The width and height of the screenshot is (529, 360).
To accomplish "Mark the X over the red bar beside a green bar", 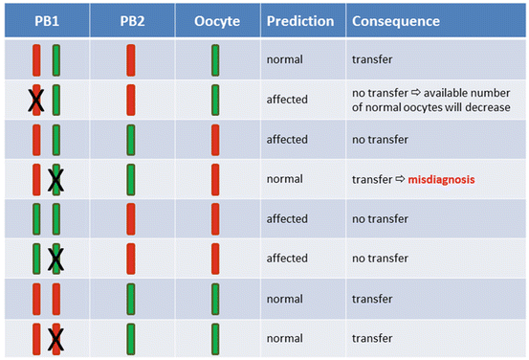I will [36, 100].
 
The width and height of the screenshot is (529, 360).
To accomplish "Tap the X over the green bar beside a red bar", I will [55, 179].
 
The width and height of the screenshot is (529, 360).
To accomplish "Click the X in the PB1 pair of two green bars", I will [55, 259].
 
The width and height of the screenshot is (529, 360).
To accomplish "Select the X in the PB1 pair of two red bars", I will [55, 338].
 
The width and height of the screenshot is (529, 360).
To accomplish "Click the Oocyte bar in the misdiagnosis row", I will [216, 179].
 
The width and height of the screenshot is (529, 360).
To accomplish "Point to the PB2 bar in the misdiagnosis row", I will [131, 179].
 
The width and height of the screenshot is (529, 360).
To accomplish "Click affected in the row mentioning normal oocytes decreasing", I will [287, 100].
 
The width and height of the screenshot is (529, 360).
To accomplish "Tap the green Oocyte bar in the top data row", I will [216, 59].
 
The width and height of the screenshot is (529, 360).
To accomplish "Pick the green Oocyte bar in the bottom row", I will [216, 338].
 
